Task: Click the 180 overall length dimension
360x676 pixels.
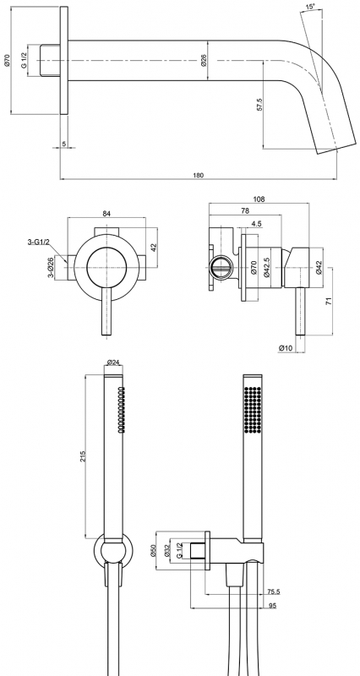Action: (199, 175)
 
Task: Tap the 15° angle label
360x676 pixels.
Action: (310, 7)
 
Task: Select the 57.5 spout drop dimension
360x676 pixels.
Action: (259, 105)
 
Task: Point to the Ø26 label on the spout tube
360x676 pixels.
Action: (204, 60)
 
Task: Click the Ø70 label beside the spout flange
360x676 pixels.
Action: (7, 60)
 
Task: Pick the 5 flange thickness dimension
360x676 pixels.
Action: (63, 144)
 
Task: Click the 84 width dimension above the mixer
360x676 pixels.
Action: (107, 214)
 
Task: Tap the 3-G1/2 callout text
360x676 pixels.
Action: (36, 242)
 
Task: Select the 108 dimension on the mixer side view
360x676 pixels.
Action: (259, 199)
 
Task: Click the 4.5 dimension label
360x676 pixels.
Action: (256, 224)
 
